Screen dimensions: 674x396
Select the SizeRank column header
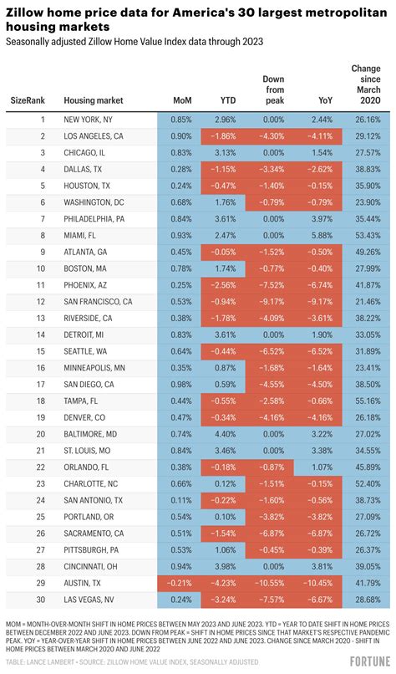[x=29, y=100]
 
